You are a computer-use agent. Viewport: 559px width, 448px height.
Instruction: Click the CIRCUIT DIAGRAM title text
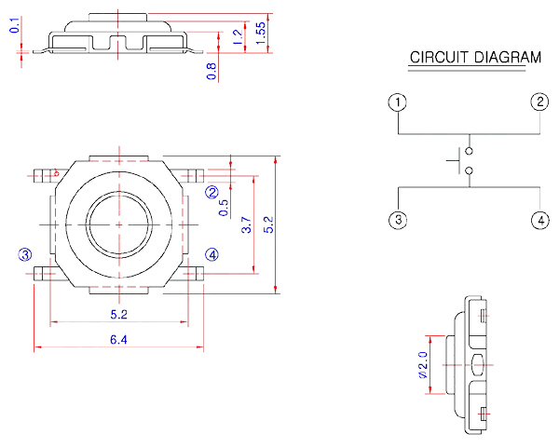475,58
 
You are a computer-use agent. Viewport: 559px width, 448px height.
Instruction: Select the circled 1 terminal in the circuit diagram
399,102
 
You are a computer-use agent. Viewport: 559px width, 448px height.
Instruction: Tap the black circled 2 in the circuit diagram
540,102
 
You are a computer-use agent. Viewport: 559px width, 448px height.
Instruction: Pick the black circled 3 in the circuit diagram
399,221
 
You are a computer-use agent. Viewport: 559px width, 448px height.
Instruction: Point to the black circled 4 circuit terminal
540,221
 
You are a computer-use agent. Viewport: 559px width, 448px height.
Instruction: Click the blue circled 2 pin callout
212,193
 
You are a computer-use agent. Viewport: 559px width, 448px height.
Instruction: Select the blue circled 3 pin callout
25,253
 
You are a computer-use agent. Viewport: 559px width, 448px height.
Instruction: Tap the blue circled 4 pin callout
212,253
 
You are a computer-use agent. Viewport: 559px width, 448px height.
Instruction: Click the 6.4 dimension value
118,340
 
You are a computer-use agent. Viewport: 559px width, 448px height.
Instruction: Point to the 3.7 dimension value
246,224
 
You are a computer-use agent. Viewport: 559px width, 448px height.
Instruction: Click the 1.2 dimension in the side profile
238,37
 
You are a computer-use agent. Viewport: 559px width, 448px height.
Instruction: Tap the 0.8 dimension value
212,71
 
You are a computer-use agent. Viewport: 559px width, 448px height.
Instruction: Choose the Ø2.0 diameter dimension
422,364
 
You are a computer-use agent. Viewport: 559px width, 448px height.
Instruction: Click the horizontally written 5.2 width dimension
118,315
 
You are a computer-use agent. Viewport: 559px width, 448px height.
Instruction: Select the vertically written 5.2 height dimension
269,224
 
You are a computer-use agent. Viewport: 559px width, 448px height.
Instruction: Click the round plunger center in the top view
119,224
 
